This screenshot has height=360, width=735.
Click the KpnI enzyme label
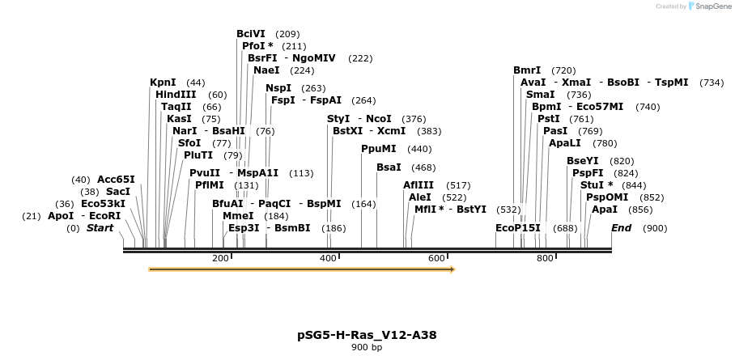point(163,83)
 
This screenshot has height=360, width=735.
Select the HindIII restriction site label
point(176,95)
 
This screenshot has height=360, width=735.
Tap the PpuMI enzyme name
point(379,149)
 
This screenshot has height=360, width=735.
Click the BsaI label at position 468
point(389,167)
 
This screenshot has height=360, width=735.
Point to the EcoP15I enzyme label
point(517,228)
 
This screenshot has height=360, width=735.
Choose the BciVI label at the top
point(252,34)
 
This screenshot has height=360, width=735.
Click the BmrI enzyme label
point(527,70)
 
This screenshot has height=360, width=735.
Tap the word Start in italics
point(100,228)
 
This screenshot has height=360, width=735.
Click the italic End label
point(621,228)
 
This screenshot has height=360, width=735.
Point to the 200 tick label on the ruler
point(220,258)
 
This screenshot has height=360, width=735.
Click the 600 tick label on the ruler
point(436,258)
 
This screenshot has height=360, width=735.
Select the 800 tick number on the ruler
point(545,258)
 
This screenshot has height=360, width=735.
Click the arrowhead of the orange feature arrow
point(452,269)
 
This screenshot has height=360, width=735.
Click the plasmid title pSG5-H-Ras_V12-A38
point(367,334)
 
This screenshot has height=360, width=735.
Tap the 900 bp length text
point(367,347)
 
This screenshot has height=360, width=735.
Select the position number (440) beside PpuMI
point(419,149)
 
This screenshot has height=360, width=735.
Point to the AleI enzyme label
point(420,197)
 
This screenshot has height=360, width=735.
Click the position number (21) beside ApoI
point(32,216)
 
